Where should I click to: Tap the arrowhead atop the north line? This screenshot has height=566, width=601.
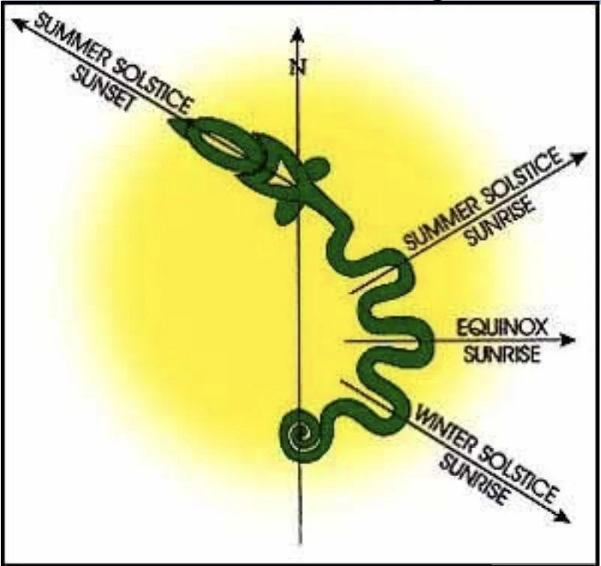tap(298, 35)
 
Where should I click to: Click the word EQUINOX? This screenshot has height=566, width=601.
tap(498, 326)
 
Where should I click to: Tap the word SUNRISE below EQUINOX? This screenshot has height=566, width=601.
tap(501, 354)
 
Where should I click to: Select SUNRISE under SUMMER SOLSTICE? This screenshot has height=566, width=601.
tap(500, 222)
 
